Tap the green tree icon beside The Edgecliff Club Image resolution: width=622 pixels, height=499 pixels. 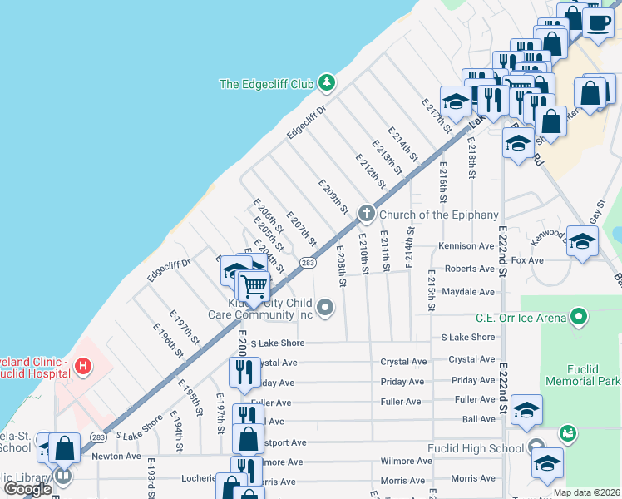[328, 82]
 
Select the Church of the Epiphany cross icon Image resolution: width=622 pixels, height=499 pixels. [365, 214]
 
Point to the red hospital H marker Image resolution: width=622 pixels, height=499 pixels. [83, 365]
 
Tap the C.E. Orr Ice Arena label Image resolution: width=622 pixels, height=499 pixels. [521, 317]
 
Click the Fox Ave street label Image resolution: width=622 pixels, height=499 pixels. [526, 260]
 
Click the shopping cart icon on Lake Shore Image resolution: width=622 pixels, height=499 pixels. [254, 287]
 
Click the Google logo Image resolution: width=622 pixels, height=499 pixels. [28, 489]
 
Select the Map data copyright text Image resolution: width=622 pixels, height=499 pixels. [586, 492]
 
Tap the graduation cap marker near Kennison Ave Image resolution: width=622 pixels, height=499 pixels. [582, 241]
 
